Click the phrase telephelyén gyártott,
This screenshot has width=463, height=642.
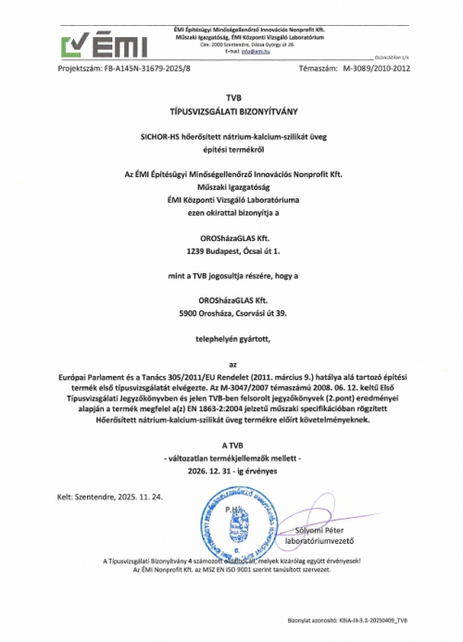pyautogui.click(x=231, y=341)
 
